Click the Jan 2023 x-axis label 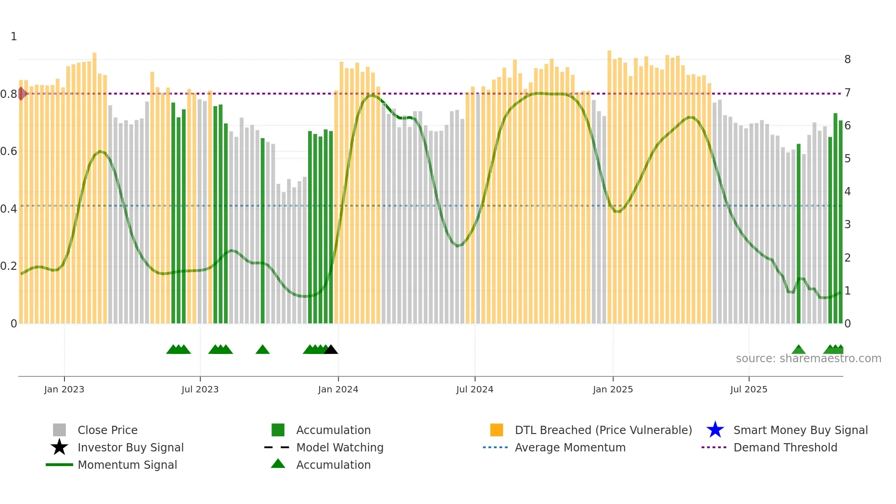[x=64, y=390]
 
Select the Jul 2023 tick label [x=200, y=390]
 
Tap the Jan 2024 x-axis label [x=338, y=390]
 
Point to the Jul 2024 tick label [x=475, y=390]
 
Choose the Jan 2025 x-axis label [x=613, y=390]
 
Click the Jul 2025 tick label [x=748, y=390]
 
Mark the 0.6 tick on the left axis [x=9, y=151]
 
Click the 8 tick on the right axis [x=848, y=59]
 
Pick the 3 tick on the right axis [x=848, y=225]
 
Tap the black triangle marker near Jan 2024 [x=331, y=350]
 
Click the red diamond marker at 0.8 [x=21, y=94]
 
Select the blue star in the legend [x=715, y=430]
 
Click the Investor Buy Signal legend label [x=130, y=447]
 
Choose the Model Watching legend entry [x=340, y=447]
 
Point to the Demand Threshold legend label [x=785, y=447]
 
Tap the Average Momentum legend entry [x=570, y=447]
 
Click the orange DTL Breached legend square [x=496, y=430]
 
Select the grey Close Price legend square [x=59, y=430]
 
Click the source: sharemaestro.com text [x=808, y=359]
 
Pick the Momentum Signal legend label [x=127, y=465]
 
